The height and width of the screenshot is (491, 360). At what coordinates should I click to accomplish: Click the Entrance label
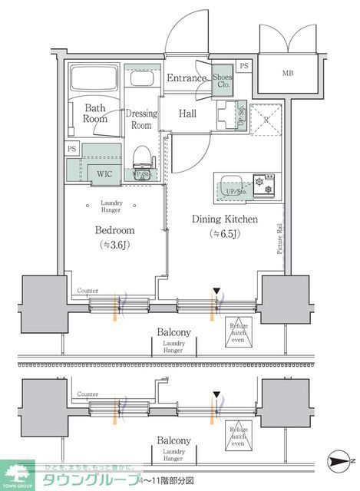(187, 78)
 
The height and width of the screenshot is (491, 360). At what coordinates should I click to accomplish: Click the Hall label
(187, 114)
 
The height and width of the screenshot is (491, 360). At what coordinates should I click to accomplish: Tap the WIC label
(104, 173)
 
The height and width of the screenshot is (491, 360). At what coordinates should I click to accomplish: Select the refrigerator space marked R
(265, 119)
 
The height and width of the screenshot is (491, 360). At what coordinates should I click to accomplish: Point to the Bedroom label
(115, 230)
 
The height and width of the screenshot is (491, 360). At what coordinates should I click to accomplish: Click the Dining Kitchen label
(224, 220)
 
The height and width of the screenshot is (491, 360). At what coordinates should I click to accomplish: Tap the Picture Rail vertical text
(280, 238)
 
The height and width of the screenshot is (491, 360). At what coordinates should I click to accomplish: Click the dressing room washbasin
(140, 80)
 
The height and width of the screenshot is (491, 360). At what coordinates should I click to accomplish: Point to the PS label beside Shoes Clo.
(243, 67)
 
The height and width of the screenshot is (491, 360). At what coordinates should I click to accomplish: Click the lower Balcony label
(174, 440)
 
